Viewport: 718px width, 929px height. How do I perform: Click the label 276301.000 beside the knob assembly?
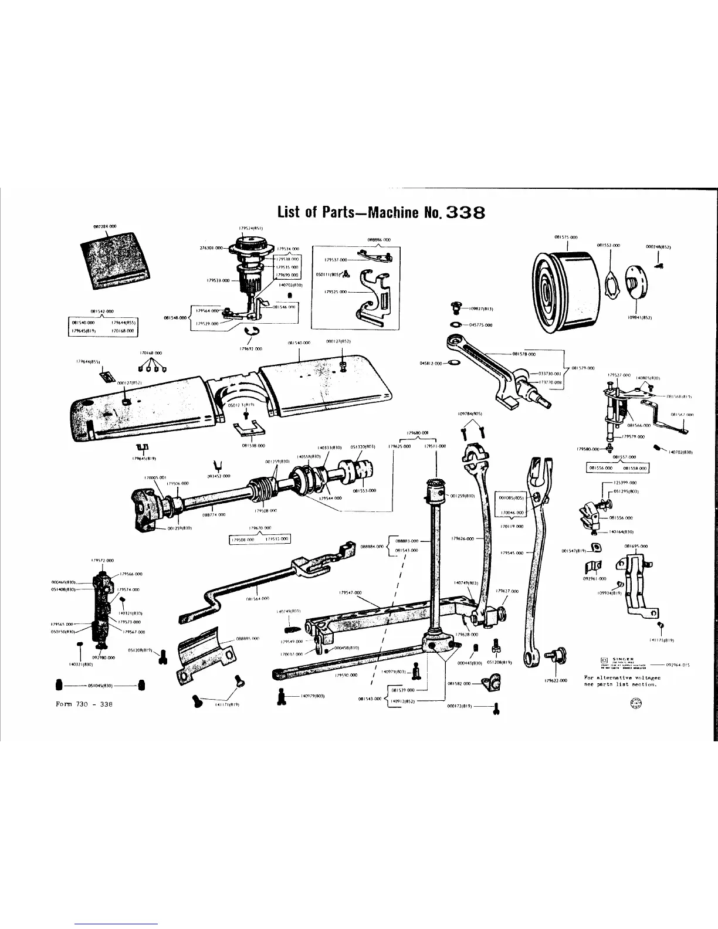click(x=212, y=249)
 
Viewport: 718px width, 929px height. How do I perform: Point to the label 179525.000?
click(x=336, y=291)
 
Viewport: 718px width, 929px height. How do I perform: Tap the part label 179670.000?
click(x=259, y=528)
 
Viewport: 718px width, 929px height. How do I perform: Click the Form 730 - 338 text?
click(x=83, y=704)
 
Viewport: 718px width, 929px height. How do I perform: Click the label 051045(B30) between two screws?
click(x=100, y=684)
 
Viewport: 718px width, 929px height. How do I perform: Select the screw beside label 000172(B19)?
click(x=497, y=708)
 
